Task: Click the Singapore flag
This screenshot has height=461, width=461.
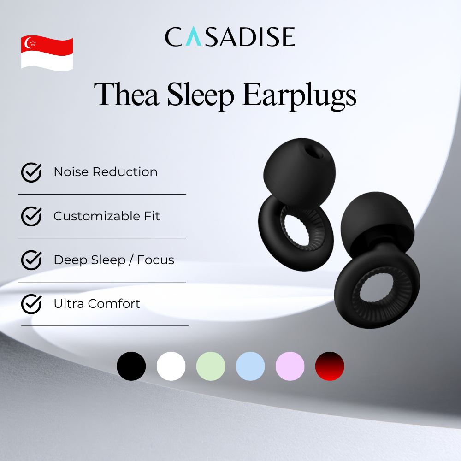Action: pos(47,53)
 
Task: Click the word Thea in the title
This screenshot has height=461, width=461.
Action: pos(127,94)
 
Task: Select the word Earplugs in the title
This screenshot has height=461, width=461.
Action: pos(299,96)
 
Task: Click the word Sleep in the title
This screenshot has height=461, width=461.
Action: pos(201,96)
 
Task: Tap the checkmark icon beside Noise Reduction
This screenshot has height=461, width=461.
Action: pos(31,172)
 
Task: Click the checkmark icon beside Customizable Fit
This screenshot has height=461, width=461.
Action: pos(31,216)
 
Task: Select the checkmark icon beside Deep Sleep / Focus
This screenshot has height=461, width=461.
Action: pos(31,260)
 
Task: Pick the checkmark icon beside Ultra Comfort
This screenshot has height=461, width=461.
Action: pos(31,304)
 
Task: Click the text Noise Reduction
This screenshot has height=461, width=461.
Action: pos(106,172)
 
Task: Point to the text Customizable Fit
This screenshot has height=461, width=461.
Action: pos(107,216)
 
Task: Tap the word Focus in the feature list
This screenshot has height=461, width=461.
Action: pos(155,260)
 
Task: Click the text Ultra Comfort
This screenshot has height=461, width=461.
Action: pos(97,304)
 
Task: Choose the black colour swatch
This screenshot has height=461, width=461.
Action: pos(131,366)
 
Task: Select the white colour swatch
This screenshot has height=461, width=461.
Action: pos(171,366)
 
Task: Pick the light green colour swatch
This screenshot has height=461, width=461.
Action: pos(211,366)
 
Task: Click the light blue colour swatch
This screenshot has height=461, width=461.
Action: pos(250,366)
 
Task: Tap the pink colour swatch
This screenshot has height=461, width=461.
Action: pos(290,366)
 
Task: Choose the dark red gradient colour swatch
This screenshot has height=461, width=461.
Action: pos(330,366)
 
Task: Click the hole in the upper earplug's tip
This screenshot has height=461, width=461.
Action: pos(313,151)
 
